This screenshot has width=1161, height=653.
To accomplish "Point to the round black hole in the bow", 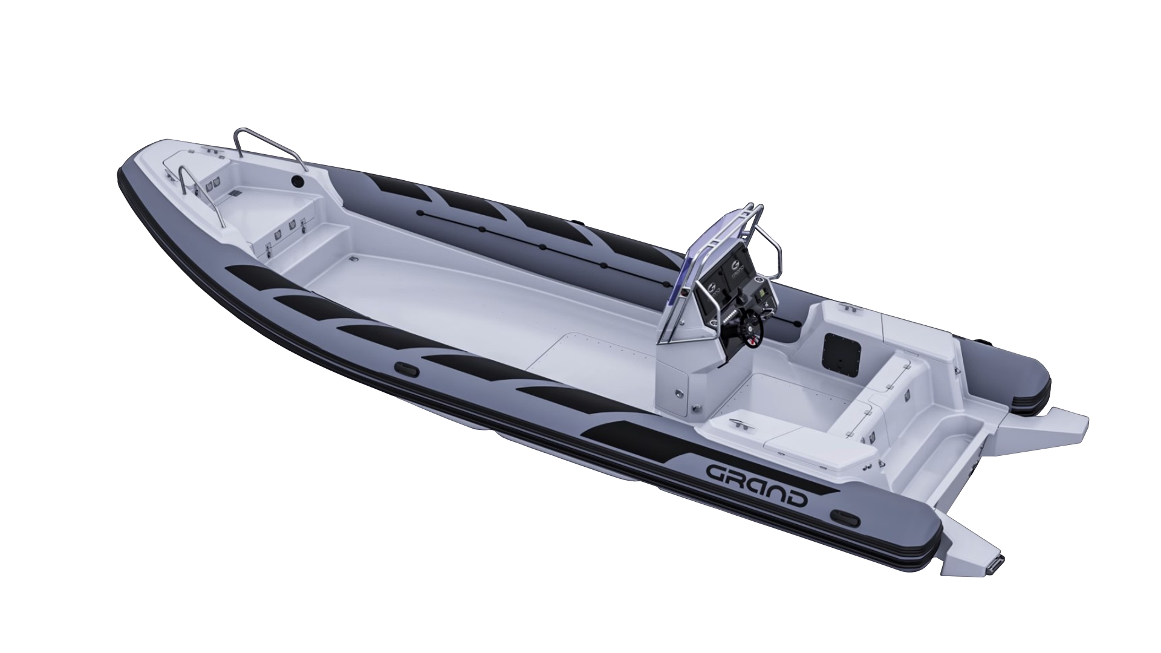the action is [297, 181].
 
